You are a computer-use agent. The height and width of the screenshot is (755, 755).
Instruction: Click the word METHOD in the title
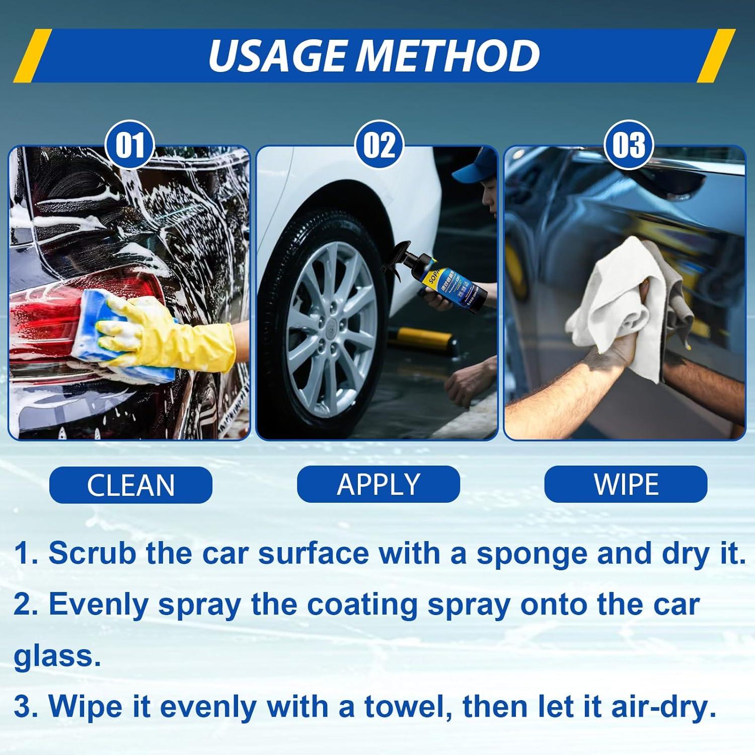[x=447, y=55]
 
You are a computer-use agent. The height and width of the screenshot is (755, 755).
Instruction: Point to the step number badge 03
[x=629, y=145]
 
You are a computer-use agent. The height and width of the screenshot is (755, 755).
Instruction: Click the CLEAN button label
[x=130, y=485]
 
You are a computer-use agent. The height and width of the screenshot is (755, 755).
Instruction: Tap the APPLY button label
[x=378, y=484]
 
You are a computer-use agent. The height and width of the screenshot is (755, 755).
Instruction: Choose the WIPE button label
[x=626, y=484]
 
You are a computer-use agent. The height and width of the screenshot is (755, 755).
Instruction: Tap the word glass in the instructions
[x=57, y=657]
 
